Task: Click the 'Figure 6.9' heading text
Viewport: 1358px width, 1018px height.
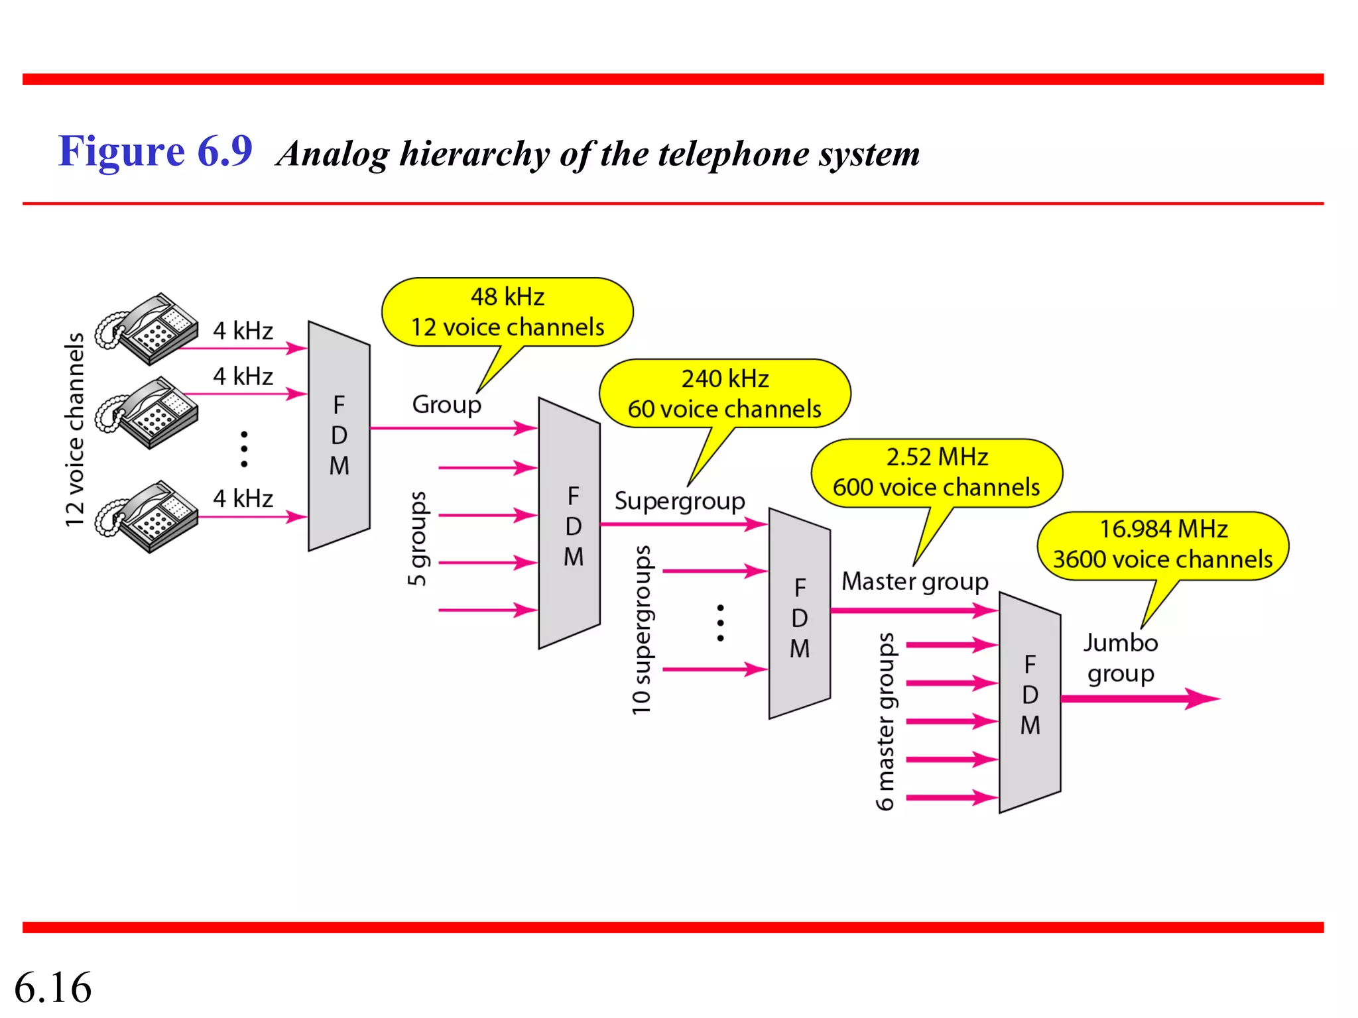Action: point(155,151)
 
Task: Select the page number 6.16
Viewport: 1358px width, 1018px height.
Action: point(53,987)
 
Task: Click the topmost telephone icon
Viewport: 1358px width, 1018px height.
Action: point(147,329)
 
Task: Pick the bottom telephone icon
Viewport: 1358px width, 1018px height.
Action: point(147,516)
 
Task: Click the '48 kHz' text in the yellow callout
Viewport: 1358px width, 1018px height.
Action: point(507,297)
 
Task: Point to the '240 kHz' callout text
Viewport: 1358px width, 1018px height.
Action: point(725,378)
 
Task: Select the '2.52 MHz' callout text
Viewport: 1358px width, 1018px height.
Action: point(937,457)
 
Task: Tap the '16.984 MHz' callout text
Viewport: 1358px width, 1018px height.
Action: point(1164,529)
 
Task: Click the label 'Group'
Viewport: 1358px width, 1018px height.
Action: point(446,404)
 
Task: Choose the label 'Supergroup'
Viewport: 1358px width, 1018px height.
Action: point(680,501)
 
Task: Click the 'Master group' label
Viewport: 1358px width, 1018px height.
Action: point(914,581)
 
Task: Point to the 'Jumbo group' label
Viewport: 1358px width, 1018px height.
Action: point(1121,658)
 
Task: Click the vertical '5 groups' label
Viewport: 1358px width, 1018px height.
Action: point(417,538)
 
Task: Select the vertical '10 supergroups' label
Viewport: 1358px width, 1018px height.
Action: point(641,630)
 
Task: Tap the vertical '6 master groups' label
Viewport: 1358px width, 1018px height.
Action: point(885,721)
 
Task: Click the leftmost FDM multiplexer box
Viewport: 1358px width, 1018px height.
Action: point(339,435)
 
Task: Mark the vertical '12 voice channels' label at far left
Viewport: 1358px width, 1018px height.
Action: point(75,429)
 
